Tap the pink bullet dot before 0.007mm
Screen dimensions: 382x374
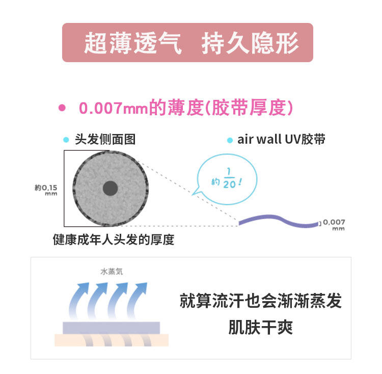point(63,108)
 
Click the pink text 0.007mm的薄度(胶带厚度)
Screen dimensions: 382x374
point(186,108)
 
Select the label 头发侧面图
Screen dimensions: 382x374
point(105,139)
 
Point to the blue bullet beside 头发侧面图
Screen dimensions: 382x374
point(66,140)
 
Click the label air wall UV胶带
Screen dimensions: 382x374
point(281,139)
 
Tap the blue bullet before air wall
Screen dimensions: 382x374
point(230,140)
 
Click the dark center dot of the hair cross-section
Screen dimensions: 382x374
point(110,189)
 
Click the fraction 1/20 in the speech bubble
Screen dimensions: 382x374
point(229,178)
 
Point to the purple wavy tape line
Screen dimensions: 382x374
point(278,222)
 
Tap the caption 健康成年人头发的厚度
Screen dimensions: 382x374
point(114,239)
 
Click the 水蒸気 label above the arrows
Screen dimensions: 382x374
point(112,272)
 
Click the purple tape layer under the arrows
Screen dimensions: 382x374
point(112,327)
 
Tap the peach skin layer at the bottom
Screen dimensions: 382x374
point(112,340)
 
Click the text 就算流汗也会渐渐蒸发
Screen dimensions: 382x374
point(260,301)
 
